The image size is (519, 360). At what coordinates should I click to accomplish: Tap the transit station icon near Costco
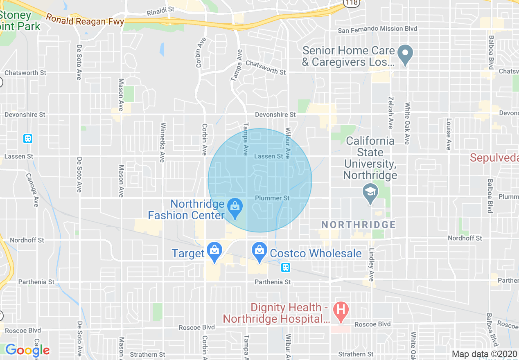click(286, 268)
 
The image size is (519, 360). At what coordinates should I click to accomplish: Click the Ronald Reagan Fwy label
click(85, 20)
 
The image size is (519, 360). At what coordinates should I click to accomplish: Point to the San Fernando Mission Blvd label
click(377, 29)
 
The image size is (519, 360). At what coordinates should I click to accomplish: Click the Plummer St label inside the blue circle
click(272, 198)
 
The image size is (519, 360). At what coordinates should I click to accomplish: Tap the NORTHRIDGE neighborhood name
click(359, 225)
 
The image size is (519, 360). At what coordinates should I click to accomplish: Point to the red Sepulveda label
click(494, 157)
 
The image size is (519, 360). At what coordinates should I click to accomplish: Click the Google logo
click(27, 350)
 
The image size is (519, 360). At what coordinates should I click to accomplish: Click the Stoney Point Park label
click(20, 21)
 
